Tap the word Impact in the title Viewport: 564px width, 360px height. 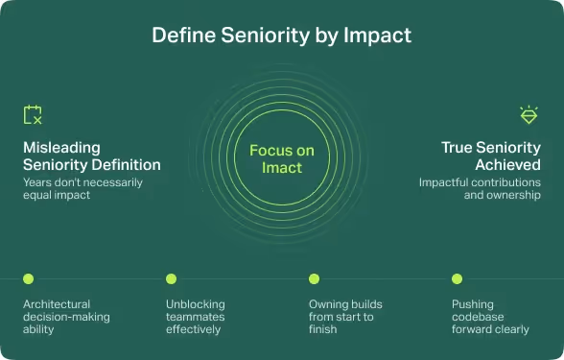(x=376, y=36)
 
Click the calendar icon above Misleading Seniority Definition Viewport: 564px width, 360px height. (x=33, y=115)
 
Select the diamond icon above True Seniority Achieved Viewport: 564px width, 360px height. (x=529, y=115)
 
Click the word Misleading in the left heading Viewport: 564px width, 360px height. (x=62, y=148)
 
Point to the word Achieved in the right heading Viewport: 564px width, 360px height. (x=505, y=164)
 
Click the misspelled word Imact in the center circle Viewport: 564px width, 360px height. (x=282, y=168)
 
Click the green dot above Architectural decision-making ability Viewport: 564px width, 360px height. (x=28, y=278)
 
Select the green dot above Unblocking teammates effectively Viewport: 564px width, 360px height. (x=171, y=278)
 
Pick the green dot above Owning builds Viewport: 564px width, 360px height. (x=314, y=278)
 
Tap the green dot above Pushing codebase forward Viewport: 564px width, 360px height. (x=457, y=278)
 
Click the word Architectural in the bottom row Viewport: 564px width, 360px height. (x=57, y=304)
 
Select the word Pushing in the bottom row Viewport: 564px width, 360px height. (x=473, y=304)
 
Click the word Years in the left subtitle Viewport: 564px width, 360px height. (x=37, y=181)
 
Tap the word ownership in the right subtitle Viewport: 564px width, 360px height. (x=511, y=195)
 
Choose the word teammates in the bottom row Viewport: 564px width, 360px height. (x=197, y=317)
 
